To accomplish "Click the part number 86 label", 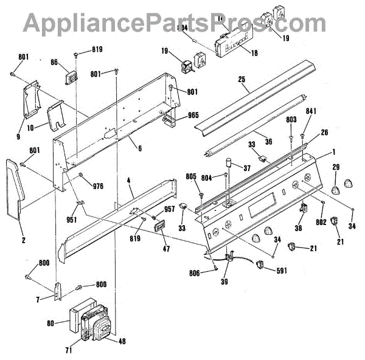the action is click(x=54, y=62).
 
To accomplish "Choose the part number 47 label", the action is click(x=166, y=249).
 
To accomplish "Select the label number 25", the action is click(x=242, y=80).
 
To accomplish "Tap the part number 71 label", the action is click(x=69, y=351).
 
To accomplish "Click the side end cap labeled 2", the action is click(x=15, y=189).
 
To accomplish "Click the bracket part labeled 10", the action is click(x=58, y=116).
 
